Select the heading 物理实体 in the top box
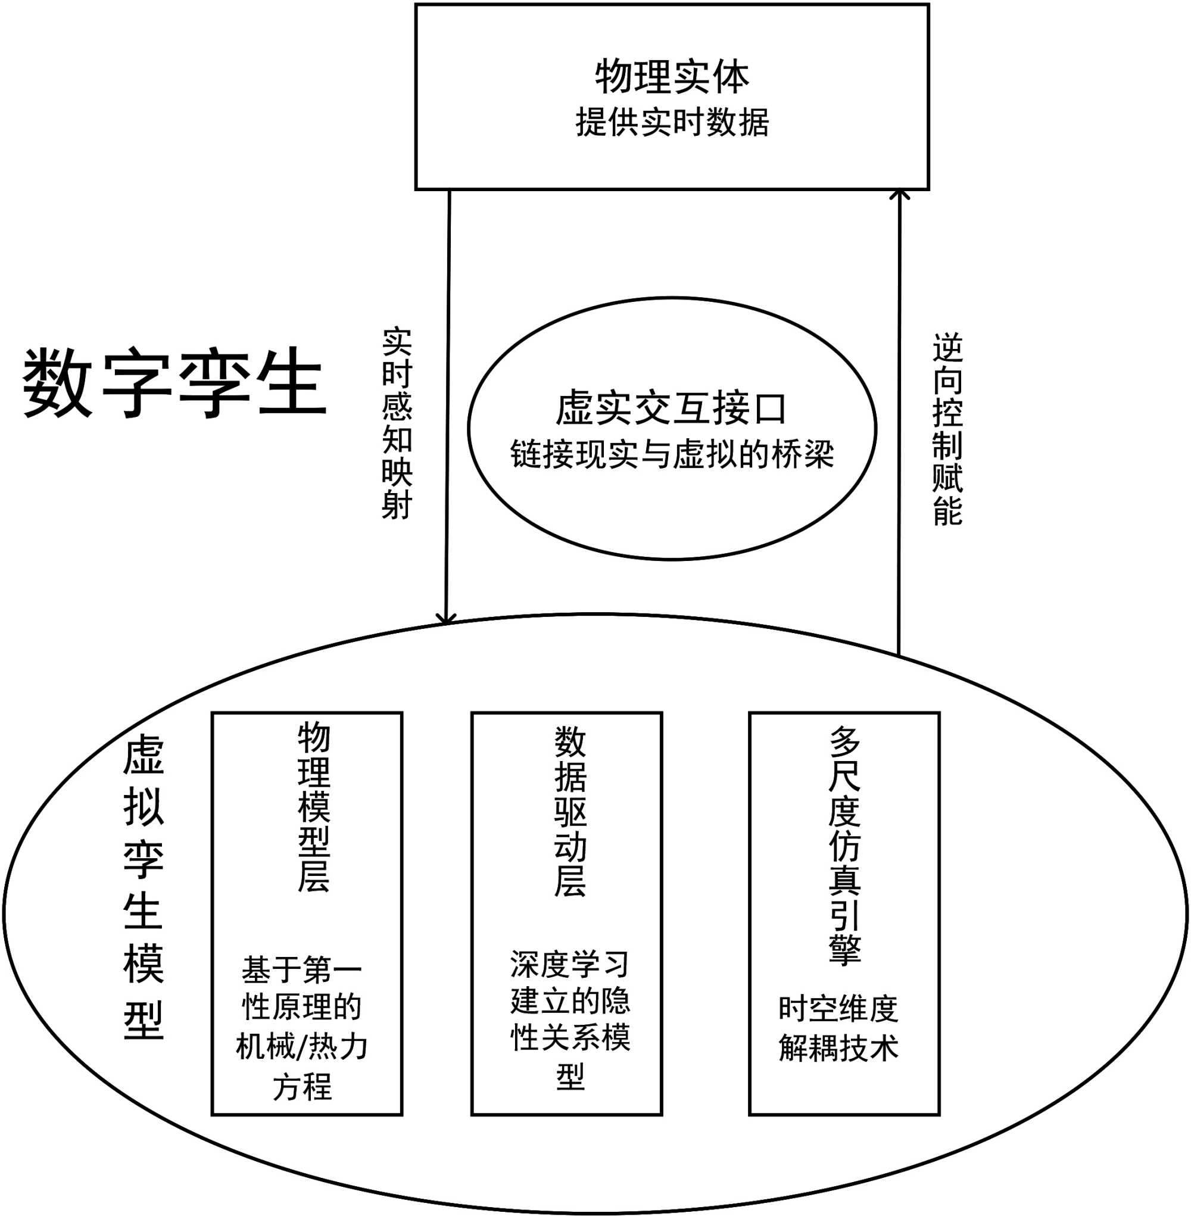(672, 76)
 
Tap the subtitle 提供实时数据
(672, 122)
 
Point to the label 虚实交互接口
(671, 409)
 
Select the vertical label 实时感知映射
(397, 423)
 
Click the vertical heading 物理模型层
(313, 807)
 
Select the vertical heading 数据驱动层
(570, 812)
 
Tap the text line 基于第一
(302, 969)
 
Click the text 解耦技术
(838, 1047)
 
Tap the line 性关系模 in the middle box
(570, 1038)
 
